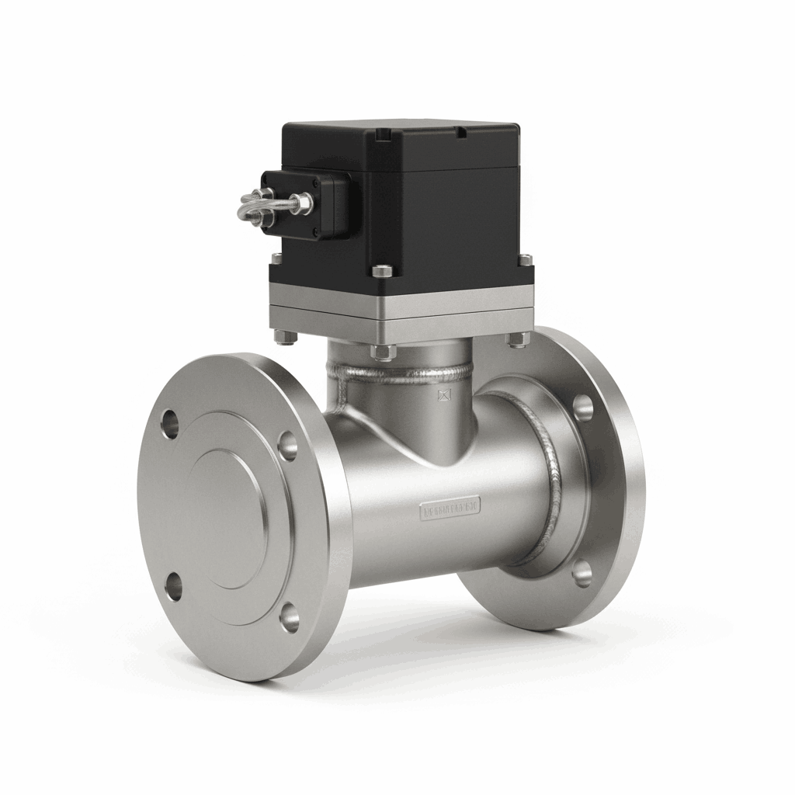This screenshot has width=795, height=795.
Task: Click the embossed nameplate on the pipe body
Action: (451, 509)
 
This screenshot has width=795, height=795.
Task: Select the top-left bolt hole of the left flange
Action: (169, 424)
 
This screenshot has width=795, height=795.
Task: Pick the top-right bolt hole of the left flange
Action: (287, 445)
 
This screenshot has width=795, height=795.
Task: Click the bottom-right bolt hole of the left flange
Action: (290, 616)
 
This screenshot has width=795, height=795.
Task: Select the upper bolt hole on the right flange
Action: (582, 406)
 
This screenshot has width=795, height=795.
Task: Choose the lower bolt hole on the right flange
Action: (582, 573)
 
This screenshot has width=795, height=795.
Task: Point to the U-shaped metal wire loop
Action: (252, 207)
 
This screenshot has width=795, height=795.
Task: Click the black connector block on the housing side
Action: (307, 203)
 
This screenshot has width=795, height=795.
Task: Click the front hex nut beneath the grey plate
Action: (382, 351)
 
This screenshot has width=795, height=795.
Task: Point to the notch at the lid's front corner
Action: (380, 136)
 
